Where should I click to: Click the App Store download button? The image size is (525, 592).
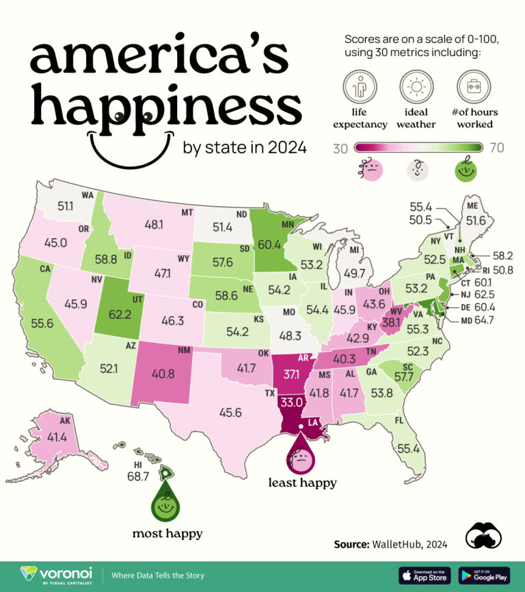(424, 574)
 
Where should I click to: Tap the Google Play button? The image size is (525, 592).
(483, 574)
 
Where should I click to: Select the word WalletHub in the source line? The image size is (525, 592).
(396, 545)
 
